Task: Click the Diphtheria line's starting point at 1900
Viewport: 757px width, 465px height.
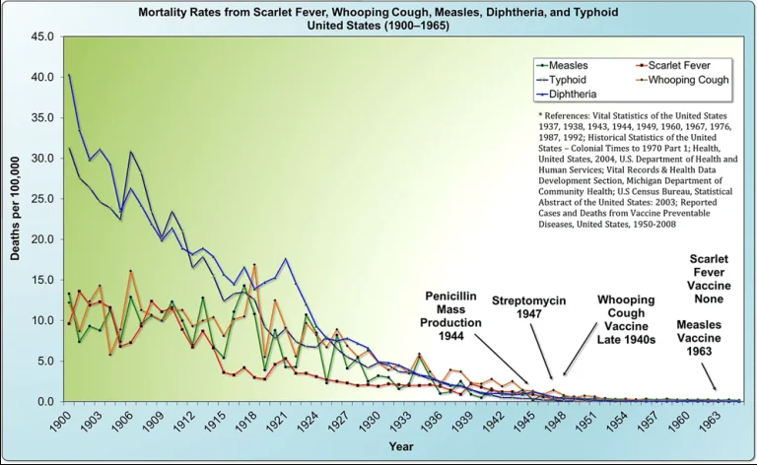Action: [68, 74]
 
